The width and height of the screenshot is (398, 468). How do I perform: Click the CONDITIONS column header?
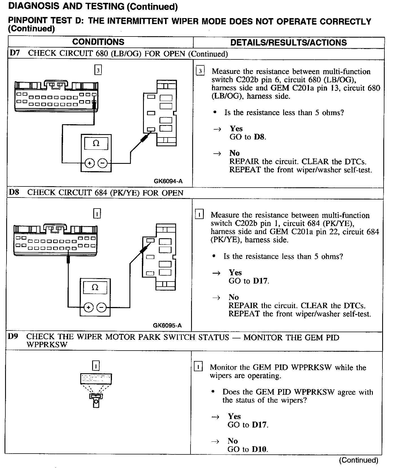(x=98, y=42)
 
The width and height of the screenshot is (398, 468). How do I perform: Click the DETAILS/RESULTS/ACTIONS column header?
(x=288, y=42)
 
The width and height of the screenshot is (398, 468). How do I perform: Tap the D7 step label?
(x=14, y=53)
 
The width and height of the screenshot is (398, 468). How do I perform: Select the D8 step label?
(x=14, y=192)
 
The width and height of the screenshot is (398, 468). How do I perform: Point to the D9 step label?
(x=13, y=337)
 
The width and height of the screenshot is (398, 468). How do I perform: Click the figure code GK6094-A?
(x=168, y=181)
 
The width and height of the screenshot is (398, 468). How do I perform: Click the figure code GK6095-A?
(x=167, y=325)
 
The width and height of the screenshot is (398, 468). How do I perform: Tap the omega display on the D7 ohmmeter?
(x=96, y=143)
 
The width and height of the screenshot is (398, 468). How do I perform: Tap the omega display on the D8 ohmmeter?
(x=95, y=287)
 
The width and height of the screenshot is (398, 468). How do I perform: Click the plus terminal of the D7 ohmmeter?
(x=90, y=163)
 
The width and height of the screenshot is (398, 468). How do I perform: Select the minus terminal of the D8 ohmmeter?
(x=102, y=307)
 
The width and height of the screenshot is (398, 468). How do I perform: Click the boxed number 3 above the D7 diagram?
(x=98, y=70)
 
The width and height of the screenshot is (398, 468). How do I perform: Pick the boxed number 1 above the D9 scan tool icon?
(x=96, y=366)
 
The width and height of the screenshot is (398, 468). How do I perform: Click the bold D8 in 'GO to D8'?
(x=260, y=137)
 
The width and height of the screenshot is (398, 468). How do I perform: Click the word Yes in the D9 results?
(x=234, y=416)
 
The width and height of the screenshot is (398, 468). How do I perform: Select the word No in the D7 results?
(x=235, y=153)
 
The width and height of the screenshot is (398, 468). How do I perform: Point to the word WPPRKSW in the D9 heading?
(x=47, y=345)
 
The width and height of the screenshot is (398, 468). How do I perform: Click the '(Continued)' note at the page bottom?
(x=358, y=460)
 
